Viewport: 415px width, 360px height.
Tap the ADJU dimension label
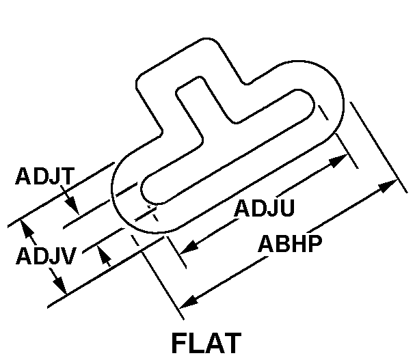[x=264, y=207]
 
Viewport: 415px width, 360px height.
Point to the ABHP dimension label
[x=289, y=243]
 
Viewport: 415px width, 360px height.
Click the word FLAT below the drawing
[x=206, y=343]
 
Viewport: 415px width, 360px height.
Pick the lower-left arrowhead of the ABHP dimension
[x=187, y=301]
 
